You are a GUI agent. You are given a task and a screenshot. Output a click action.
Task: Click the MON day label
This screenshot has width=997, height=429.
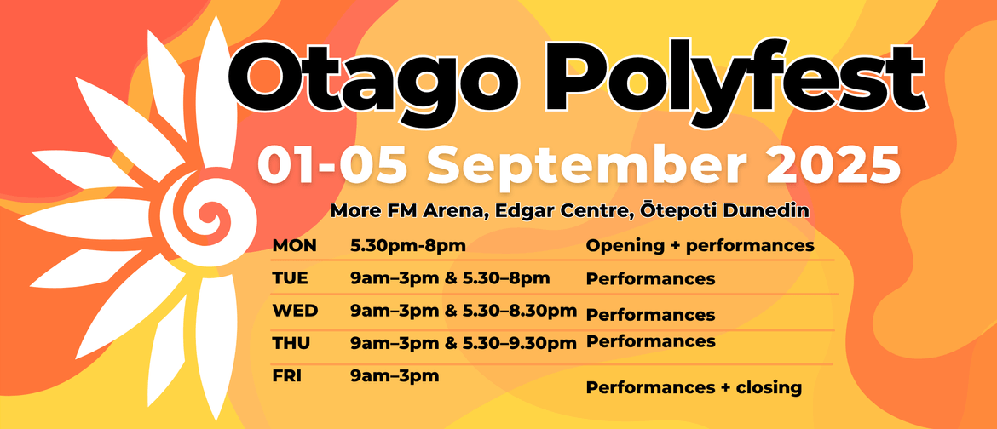[294, 245]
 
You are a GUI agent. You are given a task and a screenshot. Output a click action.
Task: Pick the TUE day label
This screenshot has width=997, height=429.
[290, 277]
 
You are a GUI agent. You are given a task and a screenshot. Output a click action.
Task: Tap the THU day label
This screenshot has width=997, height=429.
[291, 343]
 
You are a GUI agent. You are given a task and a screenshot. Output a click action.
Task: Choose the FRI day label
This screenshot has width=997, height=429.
[287, 375]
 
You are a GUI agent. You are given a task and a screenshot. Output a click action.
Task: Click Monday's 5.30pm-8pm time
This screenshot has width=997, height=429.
[407, 245]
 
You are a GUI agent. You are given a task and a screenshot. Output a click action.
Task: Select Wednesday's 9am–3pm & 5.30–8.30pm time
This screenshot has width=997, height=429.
[464, 311]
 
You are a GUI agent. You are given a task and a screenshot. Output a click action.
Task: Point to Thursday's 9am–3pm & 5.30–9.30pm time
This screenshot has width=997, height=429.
[464, 344]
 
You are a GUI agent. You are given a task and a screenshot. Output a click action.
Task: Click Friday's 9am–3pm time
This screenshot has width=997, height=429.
[395, 376]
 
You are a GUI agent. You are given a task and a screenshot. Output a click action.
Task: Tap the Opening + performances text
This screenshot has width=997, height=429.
[700, 246]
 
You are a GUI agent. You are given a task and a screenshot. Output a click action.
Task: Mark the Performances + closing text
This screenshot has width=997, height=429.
[694, 387]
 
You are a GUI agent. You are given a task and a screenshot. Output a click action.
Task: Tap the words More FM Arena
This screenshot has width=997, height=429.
[409, 211]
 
